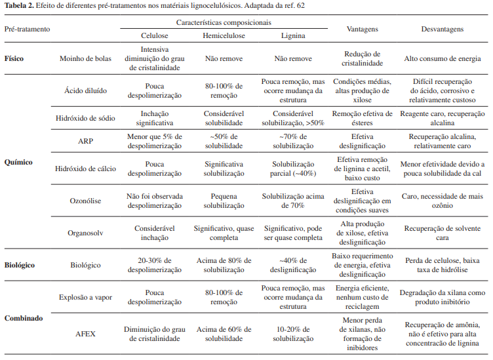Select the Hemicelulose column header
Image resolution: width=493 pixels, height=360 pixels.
tap(224, 37)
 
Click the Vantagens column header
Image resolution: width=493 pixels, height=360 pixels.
tap(362, 30)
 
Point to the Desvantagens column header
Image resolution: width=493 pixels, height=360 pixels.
tap(442, 30)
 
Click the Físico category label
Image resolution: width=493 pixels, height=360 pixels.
tap(14, 58)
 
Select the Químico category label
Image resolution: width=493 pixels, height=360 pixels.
tap(18, 160)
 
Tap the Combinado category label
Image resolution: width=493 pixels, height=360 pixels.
tap(24, 318)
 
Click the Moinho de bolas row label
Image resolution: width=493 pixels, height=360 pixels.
tap(85, 58)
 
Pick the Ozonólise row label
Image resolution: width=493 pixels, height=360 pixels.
tap(85, 201)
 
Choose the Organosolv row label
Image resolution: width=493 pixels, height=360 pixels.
tap(85, 233)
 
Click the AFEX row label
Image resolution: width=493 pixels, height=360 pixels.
tap(85, 334)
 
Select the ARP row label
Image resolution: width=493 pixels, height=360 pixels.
tap(85, 141)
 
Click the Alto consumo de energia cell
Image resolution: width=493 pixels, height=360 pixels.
tap(442, 58)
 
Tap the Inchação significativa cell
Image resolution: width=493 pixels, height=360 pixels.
tap(155, 118)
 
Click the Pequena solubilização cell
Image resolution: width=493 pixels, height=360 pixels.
tap(224, 201)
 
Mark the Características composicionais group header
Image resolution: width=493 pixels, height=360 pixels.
tap(224, 22)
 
